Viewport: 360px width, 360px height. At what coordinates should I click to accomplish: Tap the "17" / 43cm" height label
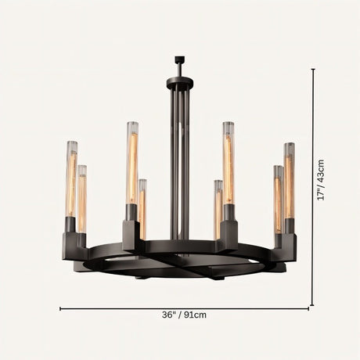pos(321,179)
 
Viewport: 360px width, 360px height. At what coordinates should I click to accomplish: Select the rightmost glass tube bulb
pos(289,180)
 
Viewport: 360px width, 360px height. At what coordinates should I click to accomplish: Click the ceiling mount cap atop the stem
pos(179,59)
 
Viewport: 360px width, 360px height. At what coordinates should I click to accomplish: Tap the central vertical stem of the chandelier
pos(180,157)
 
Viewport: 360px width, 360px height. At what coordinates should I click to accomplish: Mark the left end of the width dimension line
pos(61,308)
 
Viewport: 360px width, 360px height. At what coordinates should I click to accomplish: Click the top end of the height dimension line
pos(313,70)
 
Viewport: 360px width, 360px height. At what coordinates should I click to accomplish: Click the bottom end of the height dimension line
pos(313,304)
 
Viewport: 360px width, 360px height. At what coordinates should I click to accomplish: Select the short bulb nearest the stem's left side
pos(142,207)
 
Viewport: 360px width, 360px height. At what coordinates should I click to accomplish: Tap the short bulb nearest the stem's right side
pos(218,208)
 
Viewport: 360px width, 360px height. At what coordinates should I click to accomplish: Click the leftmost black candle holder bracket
pos(74,244)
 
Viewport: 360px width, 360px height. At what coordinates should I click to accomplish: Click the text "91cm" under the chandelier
pos(195,315)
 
